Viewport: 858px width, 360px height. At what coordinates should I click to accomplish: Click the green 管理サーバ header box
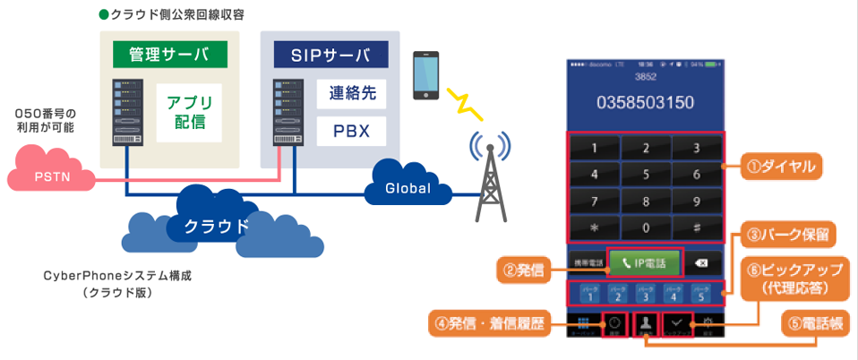point(169,54)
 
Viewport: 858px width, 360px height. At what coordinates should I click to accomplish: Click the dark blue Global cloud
point(408,186)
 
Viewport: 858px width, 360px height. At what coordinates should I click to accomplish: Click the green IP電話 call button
point(645,262)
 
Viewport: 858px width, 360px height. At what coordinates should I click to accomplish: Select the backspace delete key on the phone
point(702,263)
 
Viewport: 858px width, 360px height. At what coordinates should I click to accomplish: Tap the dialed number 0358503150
point(645,102)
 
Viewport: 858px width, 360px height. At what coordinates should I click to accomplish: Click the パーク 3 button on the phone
point(645,292)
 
